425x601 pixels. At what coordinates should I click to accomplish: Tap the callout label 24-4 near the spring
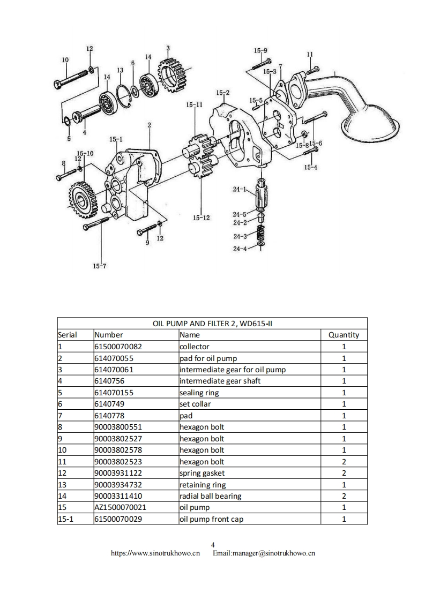(239, 249)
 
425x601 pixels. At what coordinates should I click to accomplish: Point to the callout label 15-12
(201, 217)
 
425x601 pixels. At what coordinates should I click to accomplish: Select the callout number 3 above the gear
(168, 48)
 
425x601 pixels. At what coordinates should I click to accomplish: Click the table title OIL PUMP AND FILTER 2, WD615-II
(212, 323)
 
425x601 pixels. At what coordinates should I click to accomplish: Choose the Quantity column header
(344, 335)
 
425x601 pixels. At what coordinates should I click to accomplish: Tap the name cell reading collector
(195, 347)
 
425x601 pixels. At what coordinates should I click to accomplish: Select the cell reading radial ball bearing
(210, 496)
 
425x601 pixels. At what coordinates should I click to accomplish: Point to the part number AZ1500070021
(120, 507)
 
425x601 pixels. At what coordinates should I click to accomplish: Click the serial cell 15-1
(65, 519)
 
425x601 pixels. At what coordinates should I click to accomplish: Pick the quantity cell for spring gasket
(344, 473)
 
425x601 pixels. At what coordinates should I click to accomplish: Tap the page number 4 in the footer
(213, 544)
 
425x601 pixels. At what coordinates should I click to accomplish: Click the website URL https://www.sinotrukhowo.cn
(155, 553)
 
